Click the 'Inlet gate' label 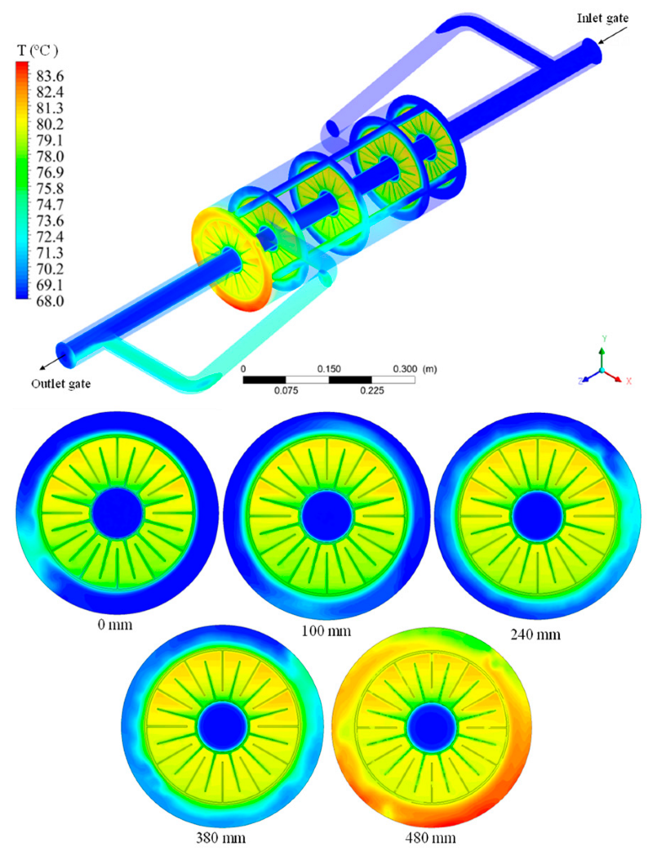tap(602, 18)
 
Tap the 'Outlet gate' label tap(61, 384)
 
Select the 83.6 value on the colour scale tap(50, 76)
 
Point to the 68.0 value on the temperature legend tap(50, 301)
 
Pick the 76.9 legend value tap(50, 173)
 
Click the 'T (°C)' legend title tap(38, 51)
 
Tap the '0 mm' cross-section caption tap(115, 624)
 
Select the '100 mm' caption tap(326, 631)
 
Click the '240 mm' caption tap(535, 634)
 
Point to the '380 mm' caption tap(221, 837)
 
